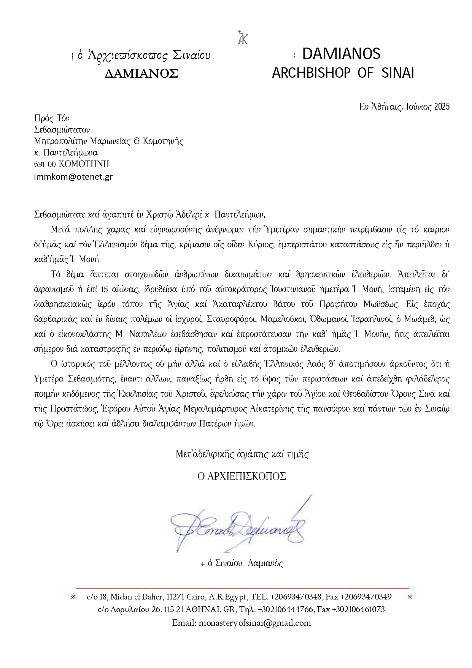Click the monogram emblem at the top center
coord(242,37)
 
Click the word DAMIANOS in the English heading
coord(341,54)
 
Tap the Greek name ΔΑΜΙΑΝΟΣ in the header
coord(141,73)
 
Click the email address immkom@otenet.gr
coord(73,177)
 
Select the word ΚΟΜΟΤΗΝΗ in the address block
coord(84,164)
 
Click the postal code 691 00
coord(45,164)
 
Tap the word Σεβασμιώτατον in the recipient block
coord(62,130)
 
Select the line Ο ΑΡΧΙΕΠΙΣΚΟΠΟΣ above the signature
coord(242,477)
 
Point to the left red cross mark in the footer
coord(73,597)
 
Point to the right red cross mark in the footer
coord(410,597)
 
